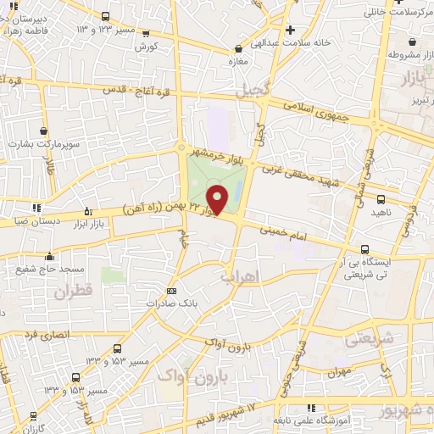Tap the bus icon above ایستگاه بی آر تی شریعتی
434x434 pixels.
click(365, 249)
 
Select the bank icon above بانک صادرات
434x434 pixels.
click(172, 290)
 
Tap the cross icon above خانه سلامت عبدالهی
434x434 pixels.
click(290, 30)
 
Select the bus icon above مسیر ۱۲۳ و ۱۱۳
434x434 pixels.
click(105, 17)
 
